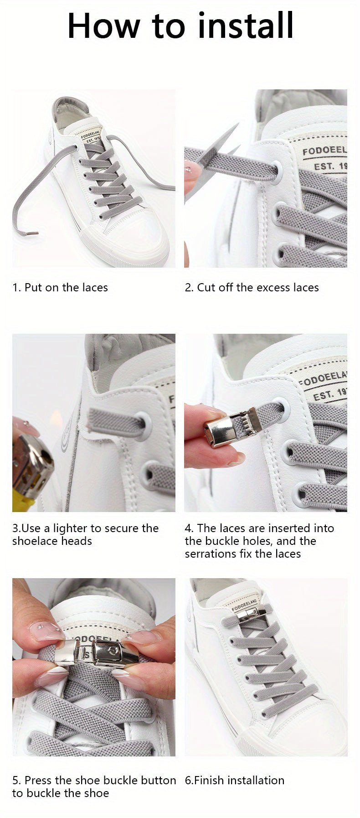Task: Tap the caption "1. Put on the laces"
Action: point(60,288)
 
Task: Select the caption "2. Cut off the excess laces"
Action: point(252,288)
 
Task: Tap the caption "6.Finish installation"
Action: point(234,780)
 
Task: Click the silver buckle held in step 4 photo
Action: point(221,430)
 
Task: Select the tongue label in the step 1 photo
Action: point(91,136)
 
